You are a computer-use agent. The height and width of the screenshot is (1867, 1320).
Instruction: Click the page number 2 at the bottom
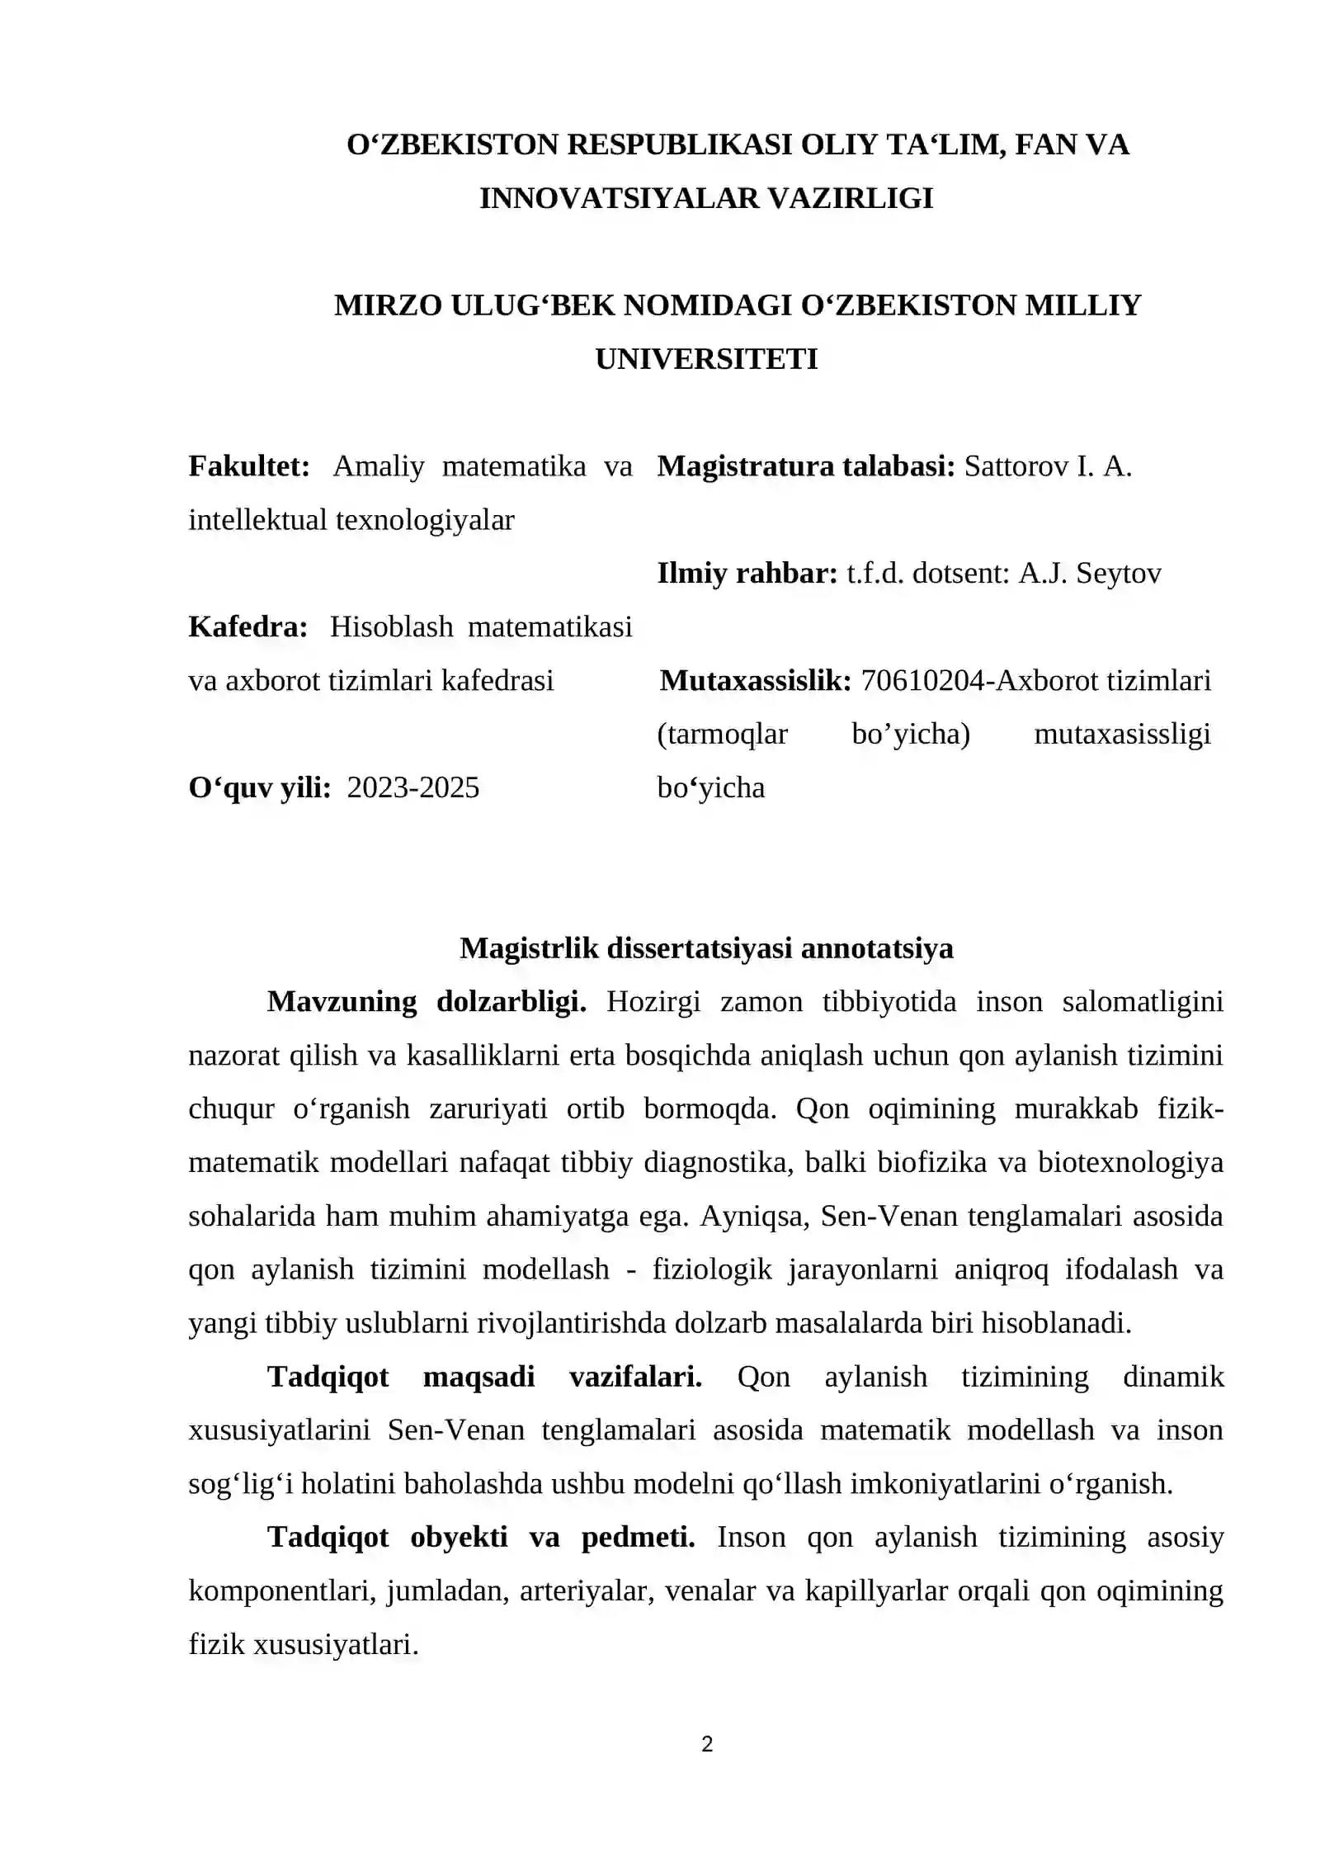tap(706, 1744)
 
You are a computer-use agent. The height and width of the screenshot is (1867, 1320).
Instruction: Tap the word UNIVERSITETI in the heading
tap(706, 359)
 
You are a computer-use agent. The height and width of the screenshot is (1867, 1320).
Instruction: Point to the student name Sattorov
tap(1016, 466)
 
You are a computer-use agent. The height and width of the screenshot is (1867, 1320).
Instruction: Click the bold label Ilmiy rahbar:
tap(747, 573)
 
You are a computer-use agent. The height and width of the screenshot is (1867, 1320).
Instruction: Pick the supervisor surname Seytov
tap(1123, 573)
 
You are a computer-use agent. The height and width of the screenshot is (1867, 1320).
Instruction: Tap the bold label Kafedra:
tap(247, 626)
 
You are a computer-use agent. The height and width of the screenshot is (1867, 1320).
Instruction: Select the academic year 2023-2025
tap(412, 787)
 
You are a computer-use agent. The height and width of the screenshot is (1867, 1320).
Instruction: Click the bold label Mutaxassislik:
tap(756, 680)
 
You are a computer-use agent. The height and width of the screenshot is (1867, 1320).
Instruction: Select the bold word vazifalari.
tap(635, 1376)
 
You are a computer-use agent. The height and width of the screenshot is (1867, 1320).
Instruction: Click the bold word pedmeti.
tap(638, 1537)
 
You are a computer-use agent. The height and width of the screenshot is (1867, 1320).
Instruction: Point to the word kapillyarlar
tap(876, 1590)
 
